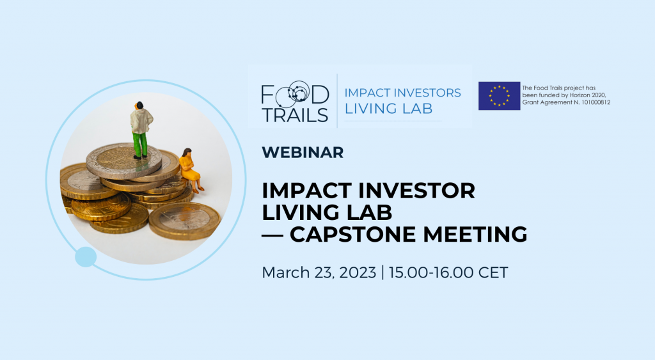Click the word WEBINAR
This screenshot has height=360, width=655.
303,152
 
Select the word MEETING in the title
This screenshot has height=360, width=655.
475,234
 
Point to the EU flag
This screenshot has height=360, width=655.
499,96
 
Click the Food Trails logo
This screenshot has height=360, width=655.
295,102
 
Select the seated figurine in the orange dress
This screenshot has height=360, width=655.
191,170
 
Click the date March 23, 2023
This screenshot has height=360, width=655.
319,272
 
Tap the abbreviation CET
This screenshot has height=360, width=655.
493,272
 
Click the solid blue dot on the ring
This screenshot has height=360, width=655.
86,257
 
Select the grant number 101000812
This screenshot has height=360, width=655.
596,102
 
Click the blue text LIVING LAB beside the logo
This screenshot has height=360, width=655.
388,109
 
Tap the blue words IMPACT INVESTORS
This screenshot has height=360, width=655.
403,93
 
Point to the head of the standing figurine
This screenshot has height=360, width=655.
139,105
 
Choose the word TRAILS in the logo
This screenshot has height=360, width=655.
295,115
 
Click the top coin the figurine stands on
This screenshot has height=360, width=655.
123,159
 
